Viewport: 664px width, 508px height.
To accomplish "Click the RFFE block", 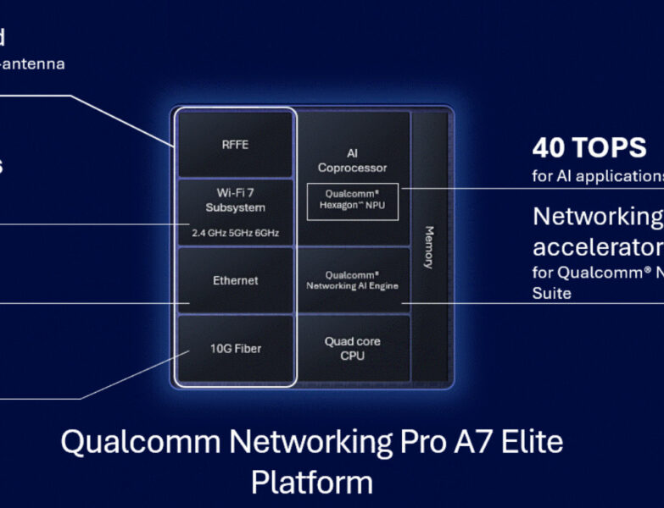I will coord(235,145).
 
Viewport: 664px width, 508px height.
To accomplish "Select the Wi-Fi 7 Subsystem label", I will coord(235,201).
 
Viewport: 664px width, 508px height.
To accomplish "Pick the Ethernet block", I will coord(235,280).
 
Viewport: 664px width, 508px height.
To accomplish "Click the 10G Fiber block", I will coord(235,349).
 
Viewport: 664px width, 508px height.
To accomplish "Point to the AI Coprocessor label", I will coord(352,160).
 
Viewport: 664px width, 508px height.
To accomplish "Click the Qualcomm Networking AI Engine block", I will coord(352,280).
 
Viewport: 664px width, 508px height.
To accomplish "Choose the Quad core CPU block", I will coord(352,348).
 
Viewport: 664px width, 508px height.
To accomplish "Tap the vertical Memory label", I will coord(429,247).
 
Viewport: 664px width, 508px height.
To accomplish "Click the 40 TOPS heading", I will coord(589,148).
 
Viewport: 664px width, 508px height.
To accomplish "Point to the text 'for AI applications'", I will coord(598,176).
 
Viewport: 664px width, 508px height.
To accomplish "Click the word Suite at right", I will coord(552,293).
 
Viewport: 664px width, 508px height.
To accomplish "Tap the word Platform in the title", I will coord(311,482).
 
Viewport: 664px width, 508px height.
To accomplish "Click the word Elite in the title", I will coord(527,442).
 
